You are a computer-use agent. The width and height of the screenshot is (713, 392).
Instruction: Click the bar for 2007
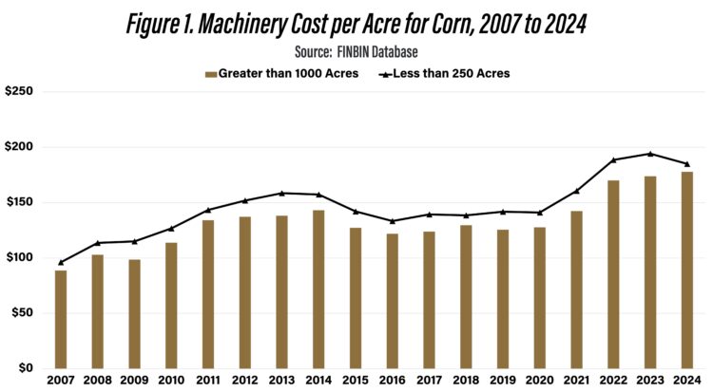(x=61, y=320)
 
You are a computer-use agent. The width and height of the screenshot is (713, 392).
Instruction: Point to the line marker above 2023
(x=650, y=154)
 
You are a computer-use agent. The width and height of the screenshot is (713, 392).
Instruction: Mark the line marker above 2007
(x=61, y=263)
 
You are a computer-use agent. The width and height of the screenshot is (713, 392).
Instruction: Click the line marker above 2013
(x=281, y=194)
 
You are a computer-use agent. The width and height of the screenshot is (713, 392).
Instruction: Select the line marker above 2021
(x=577, y=191)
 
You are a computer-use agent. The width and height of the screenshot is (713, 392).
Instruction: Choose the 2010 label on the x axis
(x=171, y=382)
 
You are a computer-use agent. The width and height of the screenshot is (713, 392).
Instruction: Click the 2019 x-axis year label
(x=503, y=382)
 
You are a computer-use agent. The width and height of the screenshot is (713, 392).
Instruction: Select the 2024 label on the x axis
(x=687, y=382)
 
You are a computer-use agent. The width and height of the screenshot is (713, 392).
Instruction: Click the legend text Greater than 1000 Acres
(x=288, y=73)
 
